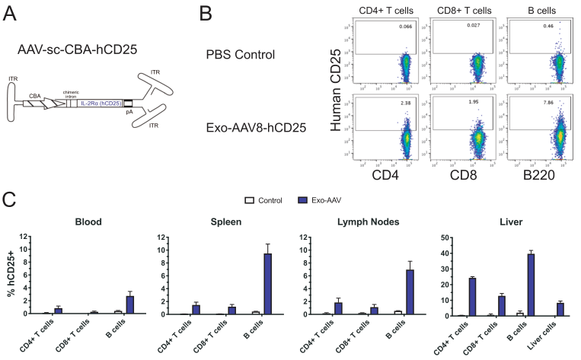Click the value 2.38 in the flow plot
(x=407, y=100)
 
